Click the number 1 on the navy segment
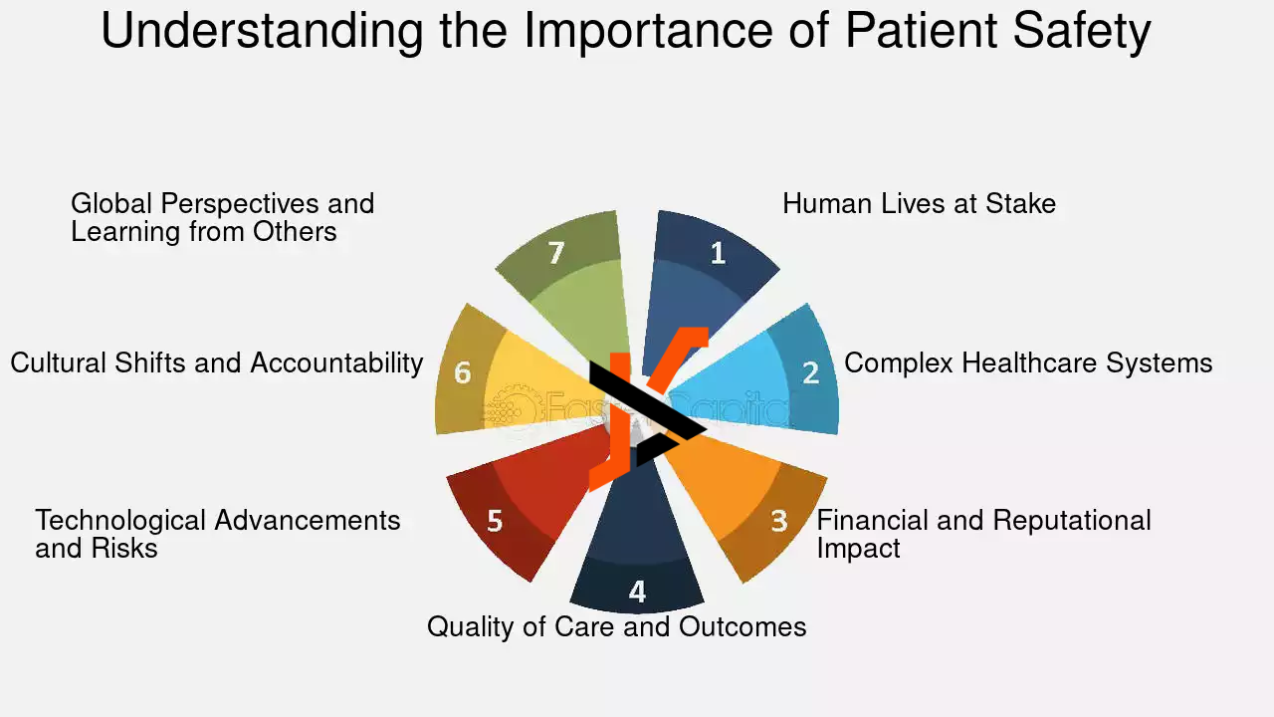(x=719, y=253)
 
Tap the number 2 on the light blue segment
(x=810, y=372)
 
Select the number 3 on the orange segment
(x=779, y=521)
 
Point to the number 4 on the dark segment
(x=637, y=592)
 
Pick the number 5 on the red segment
(x=495, y=521)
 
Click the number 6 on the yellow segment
(x=463, y=372)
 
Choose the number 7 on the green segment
(x=556, y=253)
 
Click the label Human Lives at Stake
(x=919, y=204)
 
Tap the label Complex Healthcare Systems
(x=1028, y=363)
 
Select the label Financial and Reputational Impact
(x=984, y=535)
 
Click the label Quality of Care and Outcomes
(x=616, y=627)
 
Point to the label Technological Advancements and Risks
(x=218, y=535)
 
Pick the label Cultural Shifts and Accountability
(x=217, y=363)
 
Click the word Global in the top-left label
(x=110, y=204)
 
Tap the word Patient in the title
(x=922, y=30)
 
